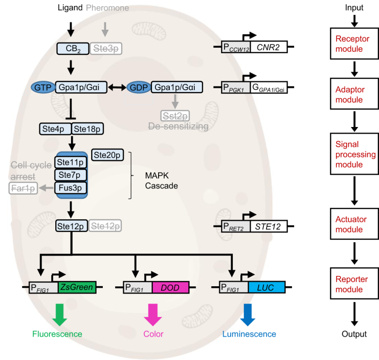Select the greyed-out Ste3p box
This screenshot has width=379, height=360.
[x=106, y=49]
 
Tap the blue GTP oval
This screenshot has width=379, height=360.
[x=42, y=88]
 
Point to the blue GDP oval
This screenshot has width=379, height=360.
[x=138, y=88]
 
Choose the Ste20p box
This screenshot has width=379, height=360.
[x=107, y=154]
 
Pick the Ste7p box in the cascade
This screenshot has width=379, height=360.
[x=71, y=175]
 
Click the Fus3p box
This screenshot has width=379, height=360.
[x=71, y=187]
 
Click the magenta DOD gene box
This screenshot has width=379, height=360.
[x=170, y=287]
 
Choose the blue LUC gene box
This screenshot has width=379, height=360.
[x=266, y=287]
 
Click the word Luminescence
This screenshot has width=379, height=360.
[x=250, y=334]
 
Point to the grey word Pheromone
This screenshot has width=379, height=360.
[x=107, y=8]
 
